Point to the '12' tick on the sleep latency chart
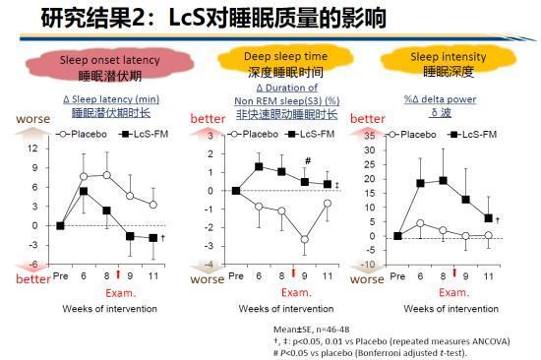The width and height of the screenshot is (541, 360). [x=34, y=149]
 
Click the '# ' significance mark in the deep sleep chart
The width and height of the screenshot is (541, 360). [x=308, y=161]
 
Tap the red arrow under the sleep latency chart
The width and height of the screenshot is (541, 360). [x=119, y=273]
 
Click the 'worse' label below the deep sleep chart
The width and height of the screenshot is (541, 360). [x=208, y=280]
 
